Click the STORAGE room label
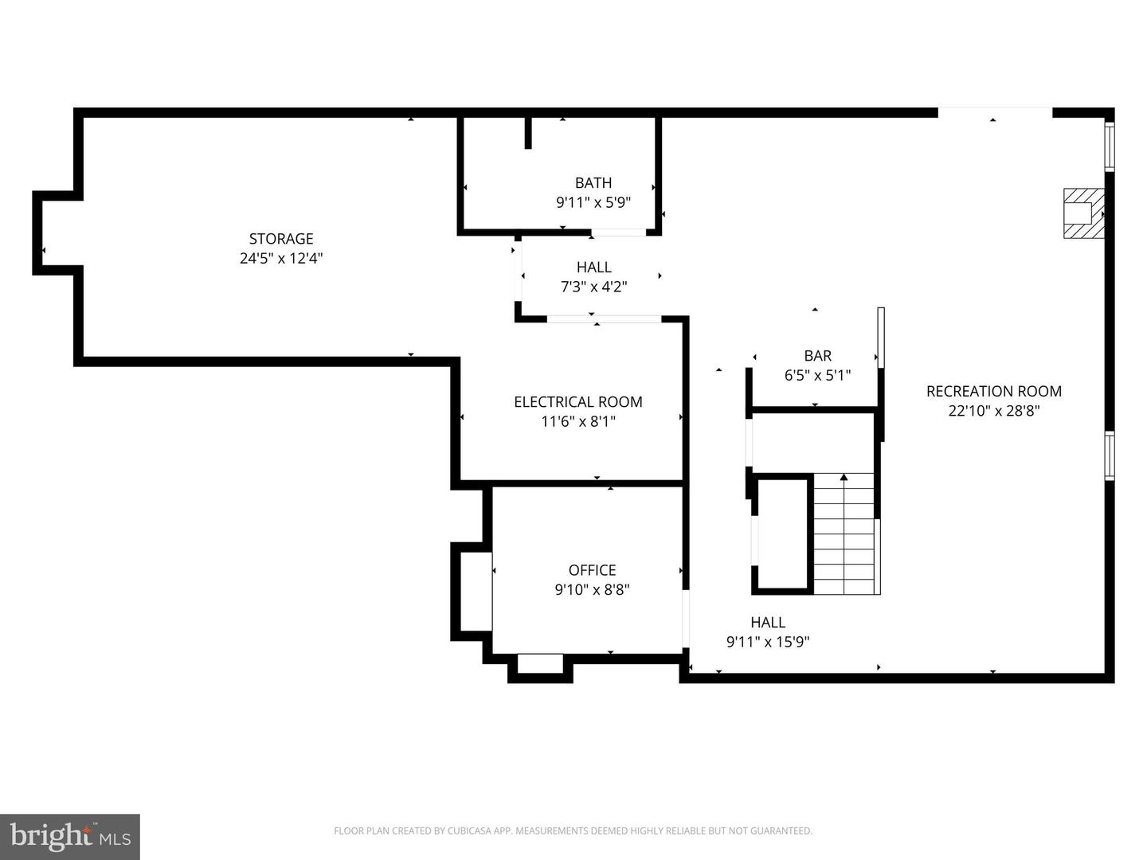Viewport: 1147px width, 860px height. tap(281, 239)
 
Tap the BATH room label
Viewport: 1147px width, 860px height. tap(593, 183)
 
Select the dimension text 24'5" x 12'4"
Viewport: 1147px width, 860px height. tap(281, 259)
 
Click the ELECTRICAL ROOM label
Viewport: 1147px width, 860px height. tap(578, 402)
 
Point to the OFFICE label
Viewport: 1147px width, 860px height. tap(592, 570)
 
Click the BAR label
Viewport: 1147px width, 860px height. tap(817, 356)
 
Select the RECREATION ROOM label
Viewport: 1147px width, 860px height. tap(993, 391)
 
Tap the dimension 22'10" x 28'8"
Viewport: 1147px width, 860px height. tap(993, 411)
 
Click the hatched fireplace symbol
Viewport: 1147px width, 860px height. tap(1083, 213)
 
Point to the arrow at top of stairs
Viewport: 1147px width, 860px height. tap(844, 478)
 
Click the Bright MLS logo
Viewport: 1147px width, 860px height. tap(70, 836)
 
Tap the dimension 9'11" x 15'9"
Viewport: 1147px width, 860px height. tap(768, 642)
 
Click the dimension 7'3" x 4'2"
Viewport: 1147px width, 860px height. tap(593, 287)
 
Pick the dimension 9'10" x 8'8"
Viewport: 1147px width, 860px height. tap(592, 590)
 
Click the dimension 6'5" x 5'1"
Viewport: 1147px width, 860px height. tap(817, 376)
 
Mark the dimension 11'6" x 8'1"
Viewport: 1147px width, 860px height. tap(578, 422)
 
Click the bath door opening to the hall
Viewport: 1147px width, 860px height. tap(618, 233)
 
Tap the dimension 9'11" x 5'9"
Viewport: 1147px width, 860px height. tap(593, 203)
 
